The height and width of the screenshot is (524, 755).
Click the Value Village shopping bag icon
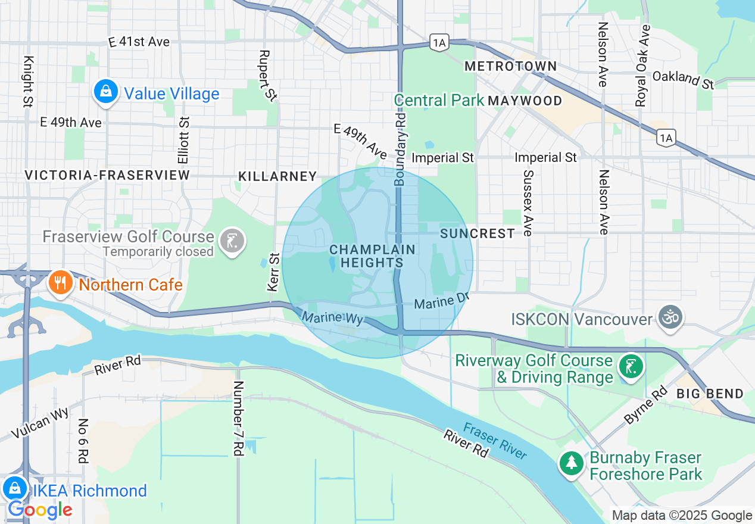[x=105, y=92]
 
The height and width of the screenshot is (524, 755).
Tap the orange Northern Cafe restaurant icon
[x=60, y=282]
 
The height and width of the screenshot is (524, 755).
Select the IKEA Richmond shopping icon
[x=14, y=488]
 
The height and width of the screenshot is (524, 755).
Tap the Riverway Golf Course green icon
[x=631, y=367]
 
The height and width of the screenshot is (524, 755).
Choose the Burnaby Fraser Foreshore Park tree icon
[x=572, y=463]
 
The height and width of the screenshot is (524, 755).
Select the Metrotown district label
[x=510, y=66]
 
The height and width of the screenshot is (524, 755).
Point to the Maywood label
[x=525, y=101]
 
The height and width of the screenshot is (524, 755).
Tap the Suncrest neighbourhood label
[x=478, y=233]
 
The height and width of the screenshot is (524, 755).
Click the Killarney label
[x=277, y=176]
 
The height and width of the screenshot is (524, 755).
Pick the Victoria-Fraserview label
[x=107, y=175]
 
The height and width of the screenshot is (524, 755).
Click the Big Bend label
[x=710, y=394]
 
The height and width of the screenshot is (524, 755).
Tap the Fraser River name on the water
[x=495, y=441]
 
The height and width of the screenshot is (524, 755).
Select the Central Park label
[x=439, y=100]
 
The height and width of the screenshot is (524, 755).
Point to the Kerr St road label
[x=273, y=272]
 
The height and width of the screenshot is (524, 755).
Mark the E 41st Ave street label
[x=139, y=42]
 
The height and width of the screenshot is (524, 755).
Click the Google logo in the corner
[x=40, y=510]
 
